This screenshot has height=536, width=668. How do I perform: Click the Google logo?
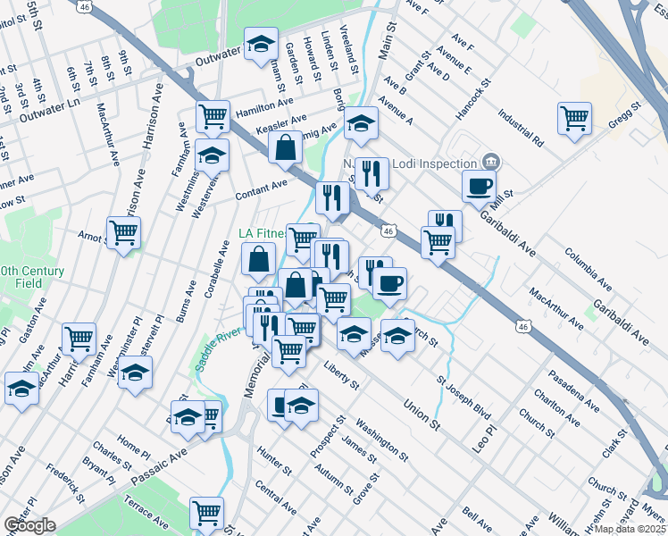click(x=29, y=524)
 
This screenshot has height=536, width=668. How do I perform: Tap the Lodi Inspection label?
click(x=432, y=163)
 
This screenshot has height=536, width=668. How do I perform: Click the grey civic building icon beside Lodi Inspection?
click(x=489, y=162)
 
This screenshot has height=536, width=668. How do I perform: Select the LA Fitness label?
click(x=261, y=234)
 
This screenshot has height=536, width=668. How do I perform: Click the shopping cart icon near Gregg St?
click(x=574, y=117)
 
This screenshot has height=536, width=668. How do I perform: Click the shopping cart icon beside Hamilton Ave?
click(x=213, y=115)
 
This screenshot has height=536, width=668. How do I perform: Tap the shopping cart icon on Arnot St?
click(x=123, y=233)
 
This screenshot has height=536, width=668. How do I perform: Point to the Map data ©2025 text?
click(x=631, y=529)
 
